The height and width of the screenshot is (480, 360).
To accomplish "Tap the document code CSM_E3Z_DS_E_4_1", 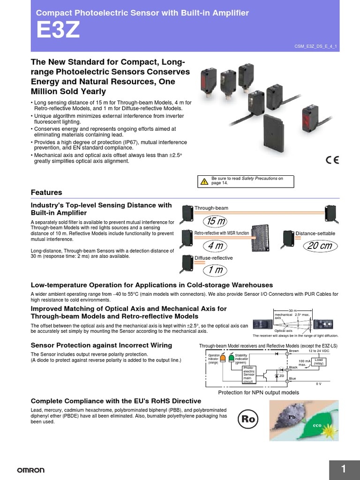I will tap(315, 45).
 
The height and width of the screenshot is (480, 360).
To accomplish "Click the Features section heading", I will tap(46, 193).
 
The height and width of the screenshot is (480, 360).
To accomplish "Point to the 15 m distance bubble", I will tap(215, 221).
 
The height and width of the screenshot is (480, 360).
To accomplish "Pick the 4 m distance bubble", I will tap(215, 246).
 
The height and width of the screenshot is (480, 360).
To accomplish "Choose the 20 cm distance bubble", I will tap(319, 246).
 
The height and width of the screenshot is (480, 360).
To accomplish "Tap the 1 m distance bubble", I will tap(215, 270).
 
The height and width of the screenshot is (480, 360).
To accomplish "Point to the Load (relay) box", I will tap(319, 362).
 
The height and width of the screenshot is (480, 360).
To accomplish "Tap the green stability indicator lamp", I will tap(231, 359).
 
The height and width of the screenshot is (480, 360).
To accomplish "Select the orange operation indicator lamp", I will tap(223, 359).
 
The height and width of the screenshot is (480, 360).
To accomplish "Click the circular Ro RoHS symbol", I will tap(248, 420).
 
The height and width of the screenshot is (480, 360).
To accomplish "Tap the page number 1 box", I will tap(344, 469).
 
